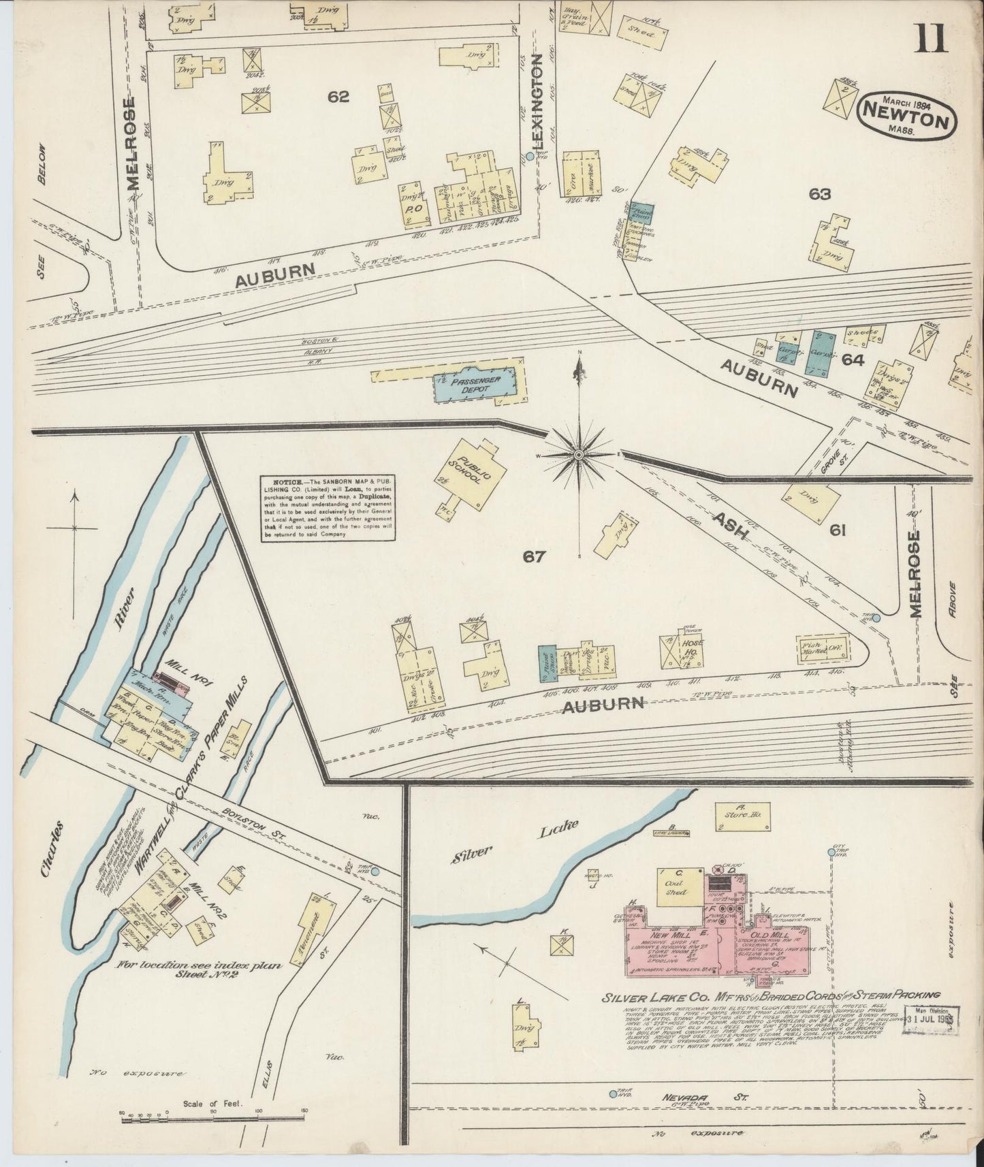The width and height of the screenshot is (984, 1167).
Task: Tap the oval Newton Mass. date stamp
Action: pos(908,116)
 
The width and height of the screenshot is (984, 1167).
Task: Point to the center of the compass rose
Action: pos(579,453)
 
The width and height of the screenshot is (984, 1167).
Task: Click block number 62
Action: pos(338,97)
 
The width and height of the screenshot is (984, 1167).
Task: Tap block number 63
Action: pos(820,194)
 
